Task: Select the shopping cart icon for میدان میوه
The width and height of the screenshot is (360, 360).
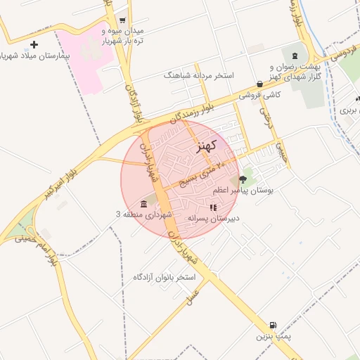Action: click(122, 21)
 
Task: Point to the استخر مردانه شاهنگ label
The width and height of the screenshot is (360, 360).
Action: click(198, 75)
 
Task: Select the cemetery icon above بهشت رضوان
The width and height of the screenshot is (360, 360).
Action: click(294, 56)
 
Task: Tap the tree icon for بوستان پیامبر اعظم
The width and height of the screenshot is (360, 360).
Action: click(243, 179)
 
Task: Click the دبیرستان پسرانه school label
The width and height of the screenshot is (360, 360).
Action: click(214, 218)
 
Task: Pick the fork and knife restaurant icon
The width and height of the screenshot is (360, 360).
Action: click(212, 207)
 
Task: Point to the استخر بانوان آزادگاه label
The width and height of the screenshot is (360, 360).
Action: click(164, 277)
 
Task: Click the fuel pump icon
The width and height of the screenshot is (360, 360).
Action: click(272, 326)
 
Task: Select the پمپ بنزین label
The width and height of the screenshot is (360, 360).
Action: click(273, 337)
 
